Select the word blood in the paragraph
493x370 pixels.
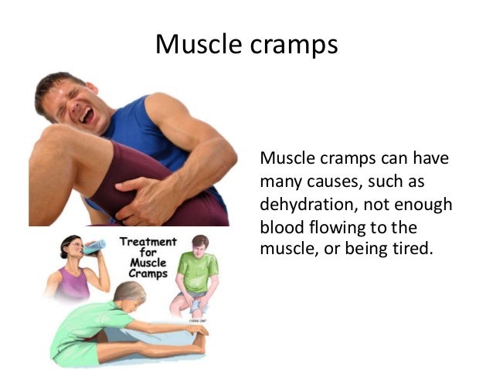tap(280, 229)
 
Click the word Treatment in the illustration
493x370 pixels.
tap(148, 242)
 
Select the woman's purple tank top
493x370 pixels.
tap(75, 283)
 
